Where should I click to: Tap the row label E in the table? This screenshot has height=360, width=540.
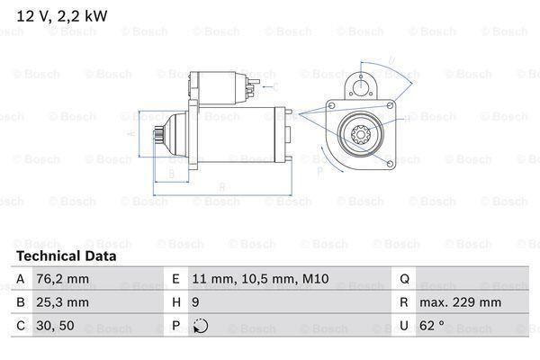[175, 279]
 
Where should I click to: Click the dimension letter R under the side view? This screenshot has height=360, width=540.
[222, 186]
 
